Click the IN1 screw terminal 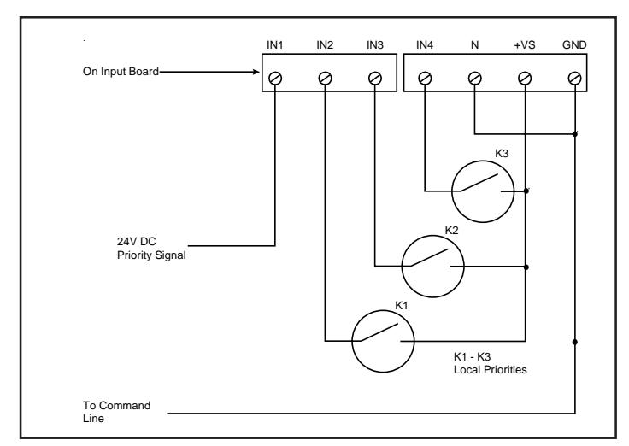(275, 79)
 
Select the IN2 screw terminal (325, 79)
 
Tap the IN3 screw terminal (374, 79)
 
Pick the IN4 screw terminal (425, 79)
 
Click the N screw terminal (474, 79)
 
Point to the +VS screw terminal (525, 79)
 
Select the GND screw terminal (575, 79)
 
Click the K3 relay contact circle (452, 191)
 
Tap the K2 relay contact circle (402, 267)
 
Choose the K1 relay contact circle (352, 341)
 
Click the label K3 (502, 154)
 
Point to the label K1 (401, 306)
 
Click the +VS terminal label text (524, 45)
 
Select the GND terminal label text (574, 45)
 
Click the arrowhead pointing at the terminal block (256, 72)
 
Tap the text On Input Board (121, 72)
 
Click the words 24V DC (137, 242)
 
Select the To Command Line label (117, 412)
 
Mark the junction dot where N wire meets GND (575, 134)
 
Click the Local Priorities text (491, 370)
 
